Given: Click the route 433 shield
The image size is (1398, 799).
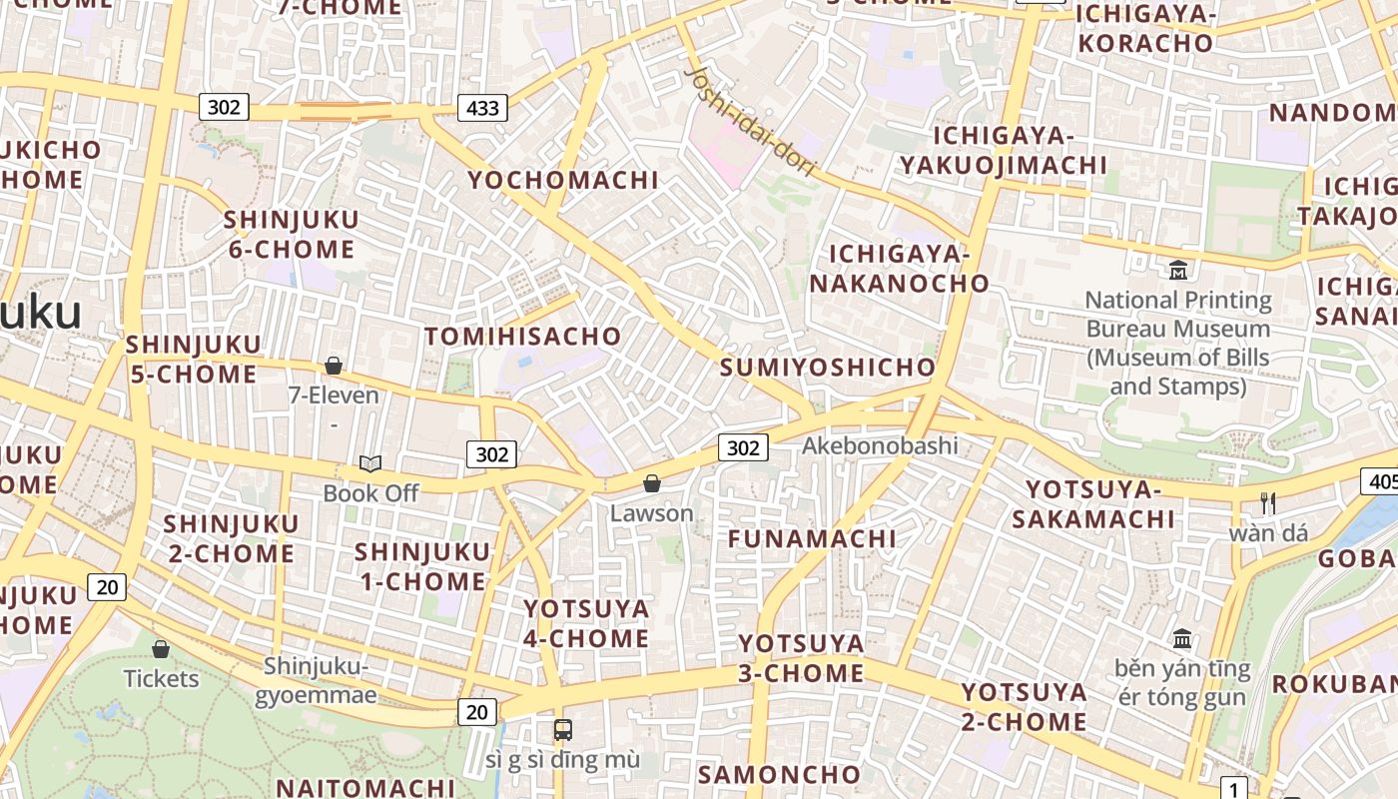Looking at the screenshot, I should (482, 107).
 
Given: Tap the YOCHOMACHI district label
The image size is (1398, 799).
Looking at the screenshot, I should (564, 180).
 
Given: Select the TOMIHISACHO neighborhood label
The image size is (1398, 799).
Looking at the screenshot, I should (523, 336).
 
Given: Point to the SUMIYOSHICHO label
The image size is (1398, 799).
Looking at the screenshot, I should (828, 367).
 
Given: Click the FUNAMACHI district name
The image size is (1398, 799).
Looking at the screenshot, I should (812, 538).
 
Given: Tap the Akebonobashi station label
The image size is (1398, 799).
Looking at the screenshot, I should (880, 445).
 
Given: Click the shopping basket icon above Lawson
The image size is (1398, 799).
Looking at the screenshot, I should (652, 483).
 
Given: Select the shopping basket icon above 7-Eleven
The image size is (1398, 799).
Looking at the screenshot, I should (334, 366).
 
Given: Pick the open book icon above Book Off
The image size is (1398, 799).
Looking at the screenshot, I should (370, 463).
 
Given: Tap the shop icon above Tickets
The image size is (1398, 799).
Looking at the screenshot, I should (161, 649).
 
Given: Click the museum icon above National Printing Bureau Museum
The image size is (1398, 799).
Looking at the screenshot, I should (1178, 270).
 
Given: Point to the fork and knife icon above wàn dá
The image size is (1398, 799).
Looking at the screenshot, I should (1268, 502).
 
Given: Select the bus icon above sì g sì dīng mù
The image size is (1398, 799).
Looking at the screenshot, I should (563, 729).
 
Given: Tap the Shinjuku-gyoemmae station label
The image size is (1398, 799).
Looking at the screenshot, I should (316, 680).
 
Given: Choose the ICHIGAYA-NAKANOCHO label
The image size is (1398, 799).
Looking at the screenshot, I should (899, 269).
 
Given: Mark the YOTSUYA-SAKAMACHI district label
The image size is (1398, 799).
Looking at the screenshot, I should (1093, 504).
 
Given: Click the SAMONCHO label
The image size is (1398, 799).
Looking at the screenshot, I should (779, 774).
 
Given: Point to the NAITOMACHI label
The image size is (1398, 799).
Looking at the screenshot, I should (365, 787).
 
